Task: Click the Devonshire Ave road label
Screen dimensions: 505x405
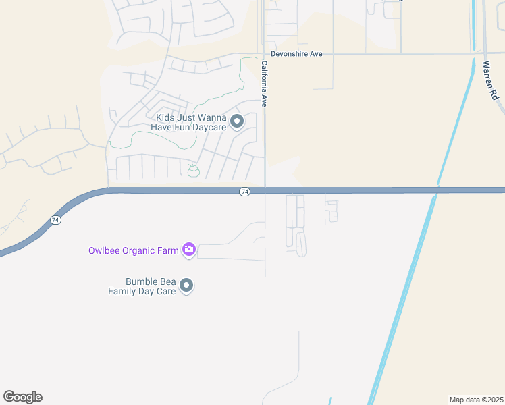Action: click(x=296, y=53)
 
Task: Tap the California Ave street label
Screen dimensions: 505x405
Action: click(x=265, y=84)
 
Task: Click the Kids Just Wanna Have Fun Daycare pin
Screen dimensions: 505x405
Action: click(x=237, y=122)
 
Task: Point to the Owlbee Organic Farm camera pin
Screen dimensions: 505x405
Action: click(x=189, y=250)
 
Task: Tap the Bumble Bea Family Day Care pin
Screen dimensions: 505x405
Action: click(x=187, y=286)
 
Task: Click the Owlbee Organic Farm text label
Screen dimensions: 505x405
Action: click(x=134, y=250)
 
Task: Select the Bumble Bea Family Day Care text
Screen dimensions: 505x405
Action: click(x=142, y=286)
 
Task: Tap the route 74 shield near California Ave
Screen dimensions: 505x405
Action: click(x=244, y=192)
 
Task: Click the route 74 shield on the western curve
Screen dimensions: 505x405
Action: click(x=55, y=220)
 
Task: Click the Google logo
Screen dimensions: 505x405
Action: click(x=22, y=397)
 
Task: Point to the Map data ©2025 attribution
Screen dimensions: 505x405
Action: click(x=476, y=400)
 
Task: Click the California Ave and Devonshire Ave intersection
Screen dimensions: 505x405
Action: click(x=263, y=53)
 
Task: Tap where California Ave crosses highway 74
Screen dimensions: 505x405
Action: click(x=265, y=191)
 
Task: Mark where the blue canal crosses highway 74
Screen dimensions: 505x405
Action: click(x=437, y=190)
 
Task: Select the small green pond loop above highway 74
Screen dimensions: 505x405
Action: click(x=194, y=171)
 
